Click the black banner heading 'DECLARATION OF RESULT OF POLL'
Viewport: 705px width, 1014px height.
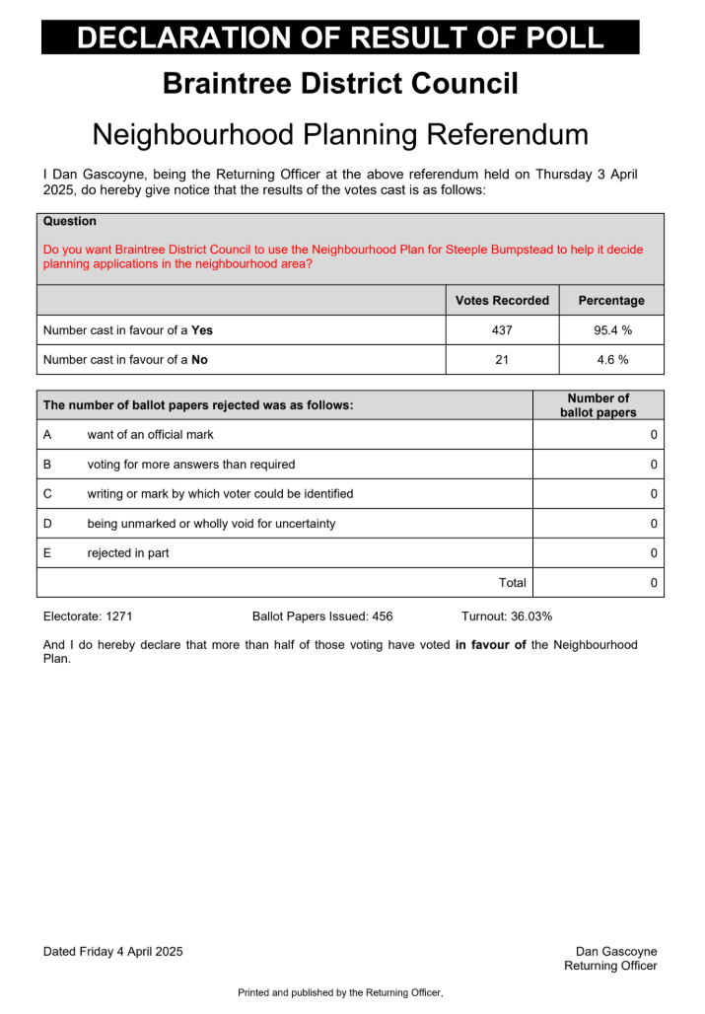(x=340, y=37)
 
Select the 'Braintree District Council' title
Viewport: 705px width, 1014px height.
(x=340, y=84)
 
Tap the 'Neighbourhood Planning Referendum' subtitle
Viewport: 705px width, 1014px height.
(x=340, y=134)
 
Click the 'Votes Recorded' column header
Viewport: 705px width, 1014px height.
(x=502, y=301)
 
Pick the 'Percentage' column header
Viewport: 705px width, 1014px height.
(x=611, y=301)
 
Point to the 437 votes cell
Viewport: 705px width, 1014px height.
(x=502, y=330)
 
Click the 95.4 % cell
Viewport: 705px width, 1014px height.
(x=611, y=330)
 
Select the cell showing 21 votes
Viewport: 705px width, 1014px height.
(x=502, y=360)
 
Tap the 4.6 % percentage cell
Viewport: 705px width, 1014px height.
(x=611, y=360)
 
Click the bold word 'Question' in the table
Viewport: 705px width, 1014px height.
(x=70, y=222)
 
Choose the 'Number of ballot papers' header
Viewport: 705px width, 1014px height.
(x=598, y=405)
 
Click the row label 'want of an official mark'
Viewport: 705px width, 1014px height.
(x=150, y=435)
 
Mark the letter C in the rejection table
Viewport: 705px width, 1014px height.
(x=47, y=494)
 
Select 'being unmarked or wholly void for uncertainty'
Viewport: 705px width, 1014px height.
(x=211, y=524)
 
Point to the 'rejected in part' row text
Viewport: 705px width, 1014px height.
(x=128, y=553)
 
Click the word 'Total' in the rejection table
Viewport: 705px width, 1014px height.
(x=512, y=583)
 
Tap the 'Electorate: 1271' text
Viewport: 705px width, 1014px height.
(x=88, y=616)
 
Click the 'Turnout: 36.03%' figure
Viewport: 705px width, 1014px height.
(x=506, y=616)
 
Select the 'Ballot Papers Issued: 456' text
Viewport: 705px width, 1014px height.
(x=322, y=616)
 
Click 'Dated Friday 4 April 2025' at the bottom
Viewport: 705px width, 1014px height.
(x=112, y=952)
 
